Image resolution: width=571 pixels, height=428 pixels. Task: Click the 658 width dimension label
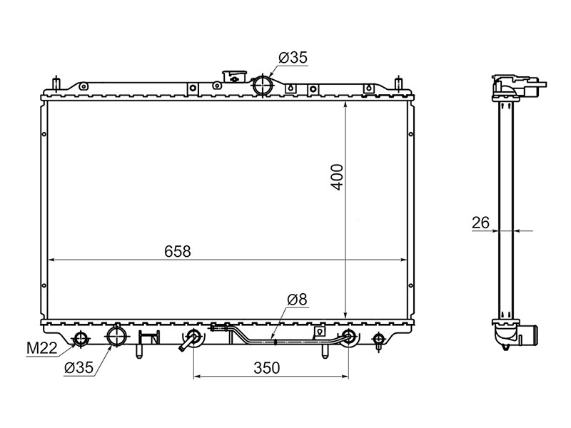177,251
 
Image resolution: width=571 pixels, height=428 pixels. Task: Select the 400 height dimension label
338,177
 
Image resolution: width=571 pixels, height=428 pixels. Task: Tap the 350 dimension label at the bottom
266,368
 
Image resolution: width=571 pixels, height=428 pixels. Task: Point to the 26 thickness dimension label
480,223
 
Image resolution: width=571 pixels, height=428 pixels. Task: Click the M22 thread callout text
42,349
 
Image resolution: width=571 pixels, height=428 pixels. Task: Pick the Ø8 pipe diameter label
297,299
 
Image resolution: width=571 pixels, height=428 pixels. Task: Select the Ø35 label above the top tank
293,58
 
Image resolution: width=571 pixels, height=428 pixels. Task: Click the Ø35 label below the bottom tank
79,368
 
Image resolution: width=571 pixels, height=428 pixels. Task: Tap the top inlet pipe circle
262,85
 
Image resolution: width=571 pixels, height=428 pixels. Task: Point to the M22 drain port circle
80,339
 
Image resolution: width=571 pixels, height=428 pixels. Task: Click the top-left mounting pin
56,84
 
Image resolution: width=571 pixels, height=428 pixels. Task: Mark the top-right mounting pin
399,84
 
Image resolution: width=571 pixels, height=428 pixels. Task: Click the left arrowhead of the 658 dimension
51,260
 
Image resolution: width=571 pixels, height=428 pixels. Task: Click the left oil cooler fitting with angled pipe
192,338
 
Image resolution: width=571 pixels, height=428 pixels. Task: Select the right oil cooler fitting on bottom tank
349,337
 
